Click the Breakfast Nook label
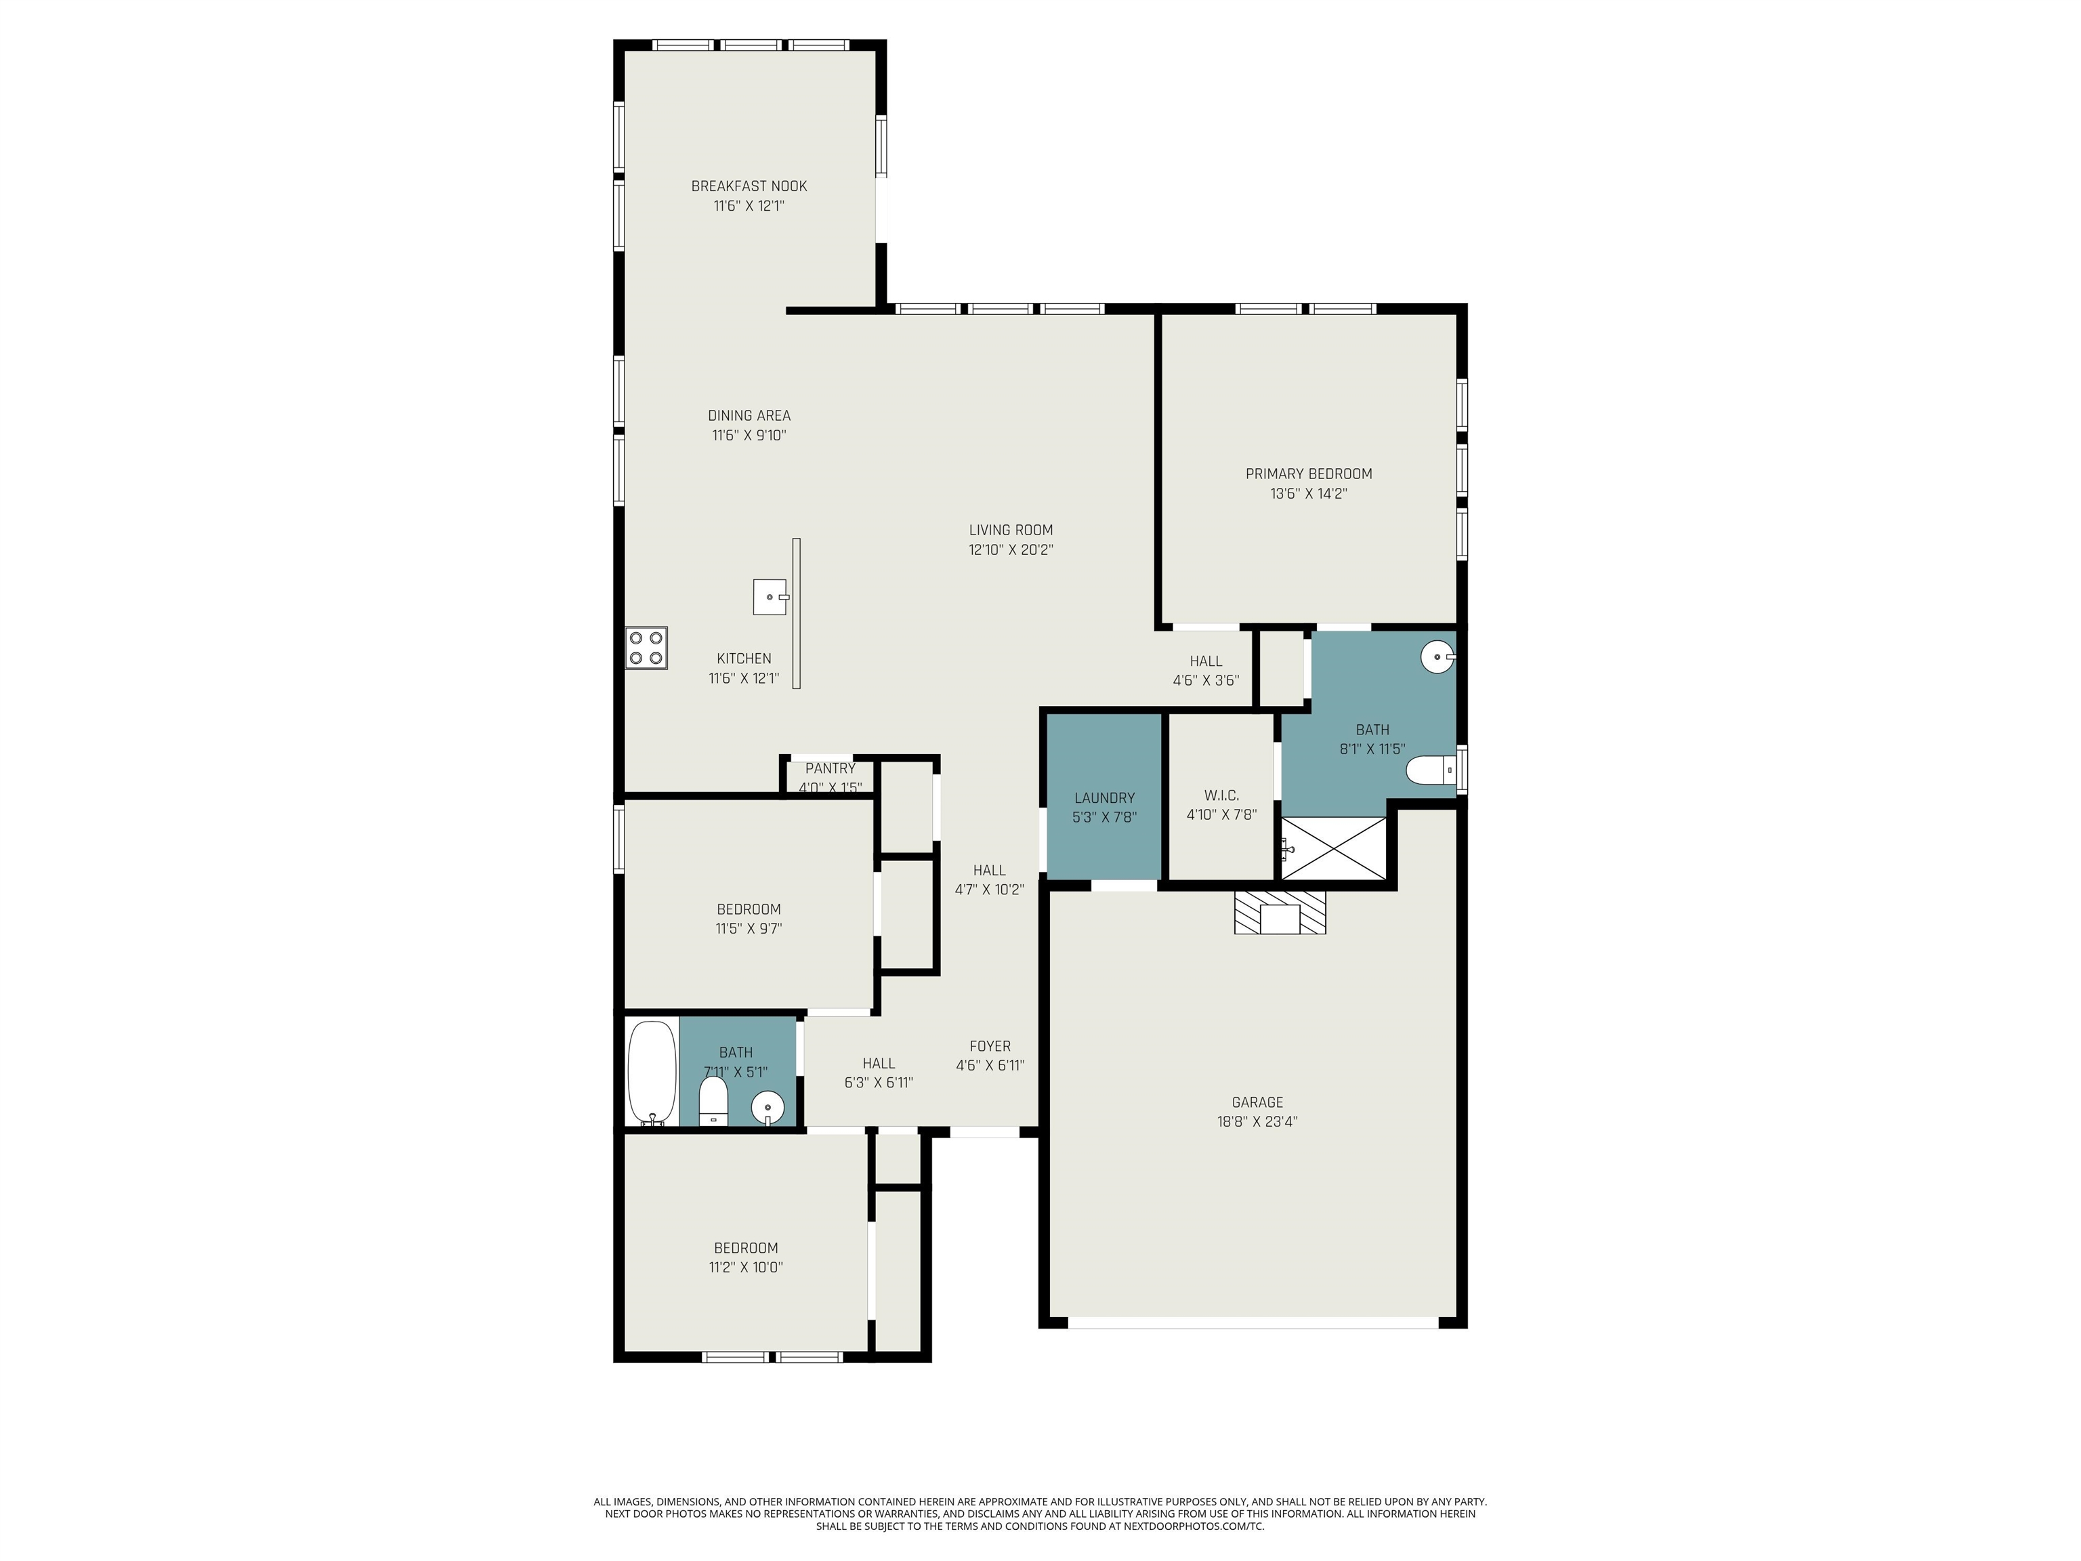pyautogui.click(x=749, y=186)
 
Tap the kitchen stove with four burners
pyautogui.click(x=646, y=648)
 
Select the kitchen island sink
pyautogui.click(x=770, y=596)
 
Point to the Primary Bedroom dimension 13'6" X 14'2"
pyautogui.click(x=1309, y=493)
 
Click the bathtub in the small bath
pyautogui.click(x=652, y=1073)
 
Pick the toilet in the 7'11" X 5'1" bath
pyautogui.click(x=714, y=1102)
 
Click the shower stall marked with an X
pyautogui.click(x=1334, y=849)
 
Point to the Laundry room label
pyautogui.click(x=1104, y=798)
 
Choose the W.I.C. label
pyautogui.click(x=1221, y=796)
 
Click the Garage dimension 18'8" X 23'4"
pyautogui.click(x=1258, y=1121)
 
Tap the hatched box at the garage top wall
pyautogui.click(x=1280, y=913)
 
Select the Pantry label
pyautogui.click(x=830, y=769)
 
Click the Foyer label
pyautogui.click(x=990, y=1046)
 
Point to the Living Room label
pyautogui.click(x=1011, y=530)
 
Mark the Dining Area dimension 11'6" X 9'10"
pyautogui.click(x=749, y=436)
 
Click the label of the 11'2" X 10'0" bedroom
pyautogui.click(x=746, y=1249)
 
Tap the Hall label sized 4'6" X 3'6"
pyautogui.click(x=1206, y=661)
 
